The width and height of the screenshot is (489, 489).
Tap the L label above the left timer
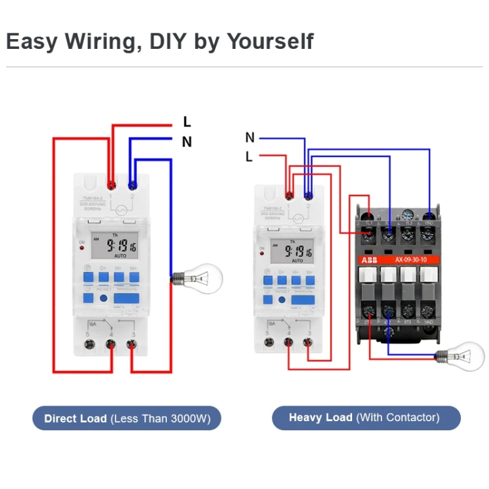187,122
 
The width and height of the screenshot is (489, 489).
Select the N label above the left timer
187,141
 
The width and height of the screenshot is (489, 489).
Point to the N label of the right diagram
250,138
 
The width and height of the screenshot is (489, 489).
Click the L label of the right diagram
249,156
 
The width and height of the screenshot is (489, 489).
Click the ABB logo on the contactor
370,259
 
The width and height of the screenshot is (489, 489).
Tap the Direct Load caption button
127,419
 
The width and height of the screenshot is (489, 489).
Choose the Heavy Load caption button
366,418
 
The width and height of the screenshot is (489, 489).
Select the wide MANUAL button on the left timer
126,298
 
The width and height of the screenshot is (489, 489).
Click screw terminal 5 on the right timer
267,340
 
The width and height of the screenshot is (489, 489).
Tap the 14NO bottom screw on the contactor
428,312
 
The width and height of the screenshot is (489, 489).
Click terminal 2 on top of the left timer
132,185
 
